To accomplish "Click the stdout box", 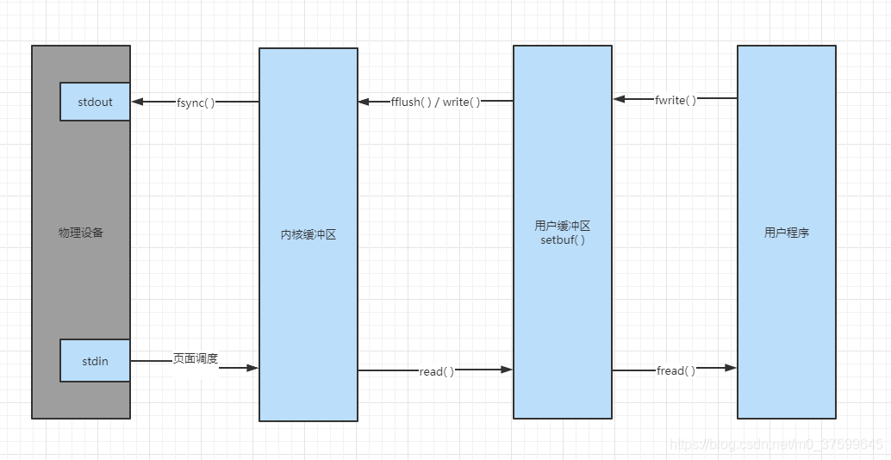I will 95,102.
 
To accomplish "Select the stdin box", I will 95,361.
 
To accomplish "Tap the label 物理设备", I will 81,233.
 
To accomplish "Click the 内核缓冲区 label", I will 308,233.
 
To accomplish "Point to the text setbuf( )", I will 562,239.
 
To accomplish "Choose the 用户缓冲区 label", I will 562,226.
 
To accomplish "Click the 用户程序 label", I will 786,233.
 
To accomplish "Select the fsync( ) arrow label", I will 196,103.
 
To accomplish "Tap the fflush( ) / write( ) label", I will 435,102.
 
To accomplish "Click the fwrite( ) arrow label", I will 675,100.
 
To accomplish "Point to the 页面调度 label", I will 196,357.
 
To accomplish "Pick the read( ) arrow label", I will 436,371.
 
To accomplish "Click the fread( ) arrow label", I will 676,370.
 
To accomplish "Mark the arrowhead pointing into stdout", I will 137,102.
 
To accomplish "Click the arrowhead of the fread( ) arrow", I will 731,368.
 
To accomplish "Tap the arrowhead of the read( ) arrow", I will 507,370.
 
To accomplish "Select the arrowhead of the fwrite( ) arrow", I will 620,99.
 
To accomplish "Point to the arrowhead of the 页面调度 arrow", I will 252,368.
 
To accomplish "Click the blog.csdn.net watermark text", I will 776,444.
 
